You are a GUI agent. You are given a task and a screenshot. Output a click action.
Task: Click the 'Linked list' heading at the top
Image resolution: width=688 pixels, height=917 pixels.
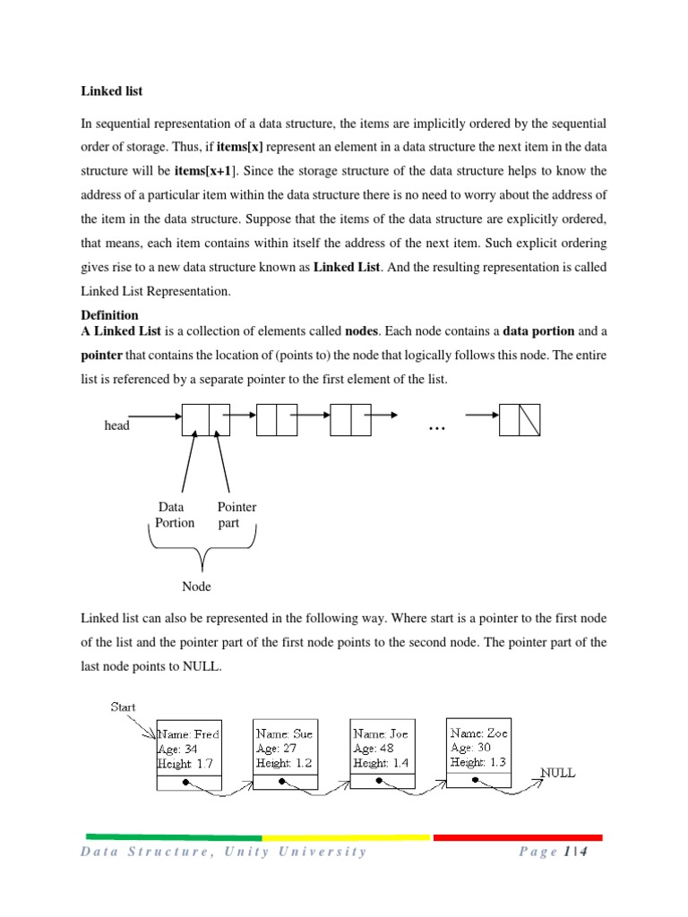[x=112, y=91]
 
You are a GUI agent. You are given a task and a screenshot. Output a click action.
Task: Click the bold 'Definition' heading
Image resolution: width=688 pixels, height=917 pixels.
[x=109, y=315]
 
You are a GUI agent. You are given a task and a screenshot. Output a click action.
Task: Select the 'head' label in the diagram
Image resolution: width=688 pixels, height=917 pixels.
[x=116, y=426]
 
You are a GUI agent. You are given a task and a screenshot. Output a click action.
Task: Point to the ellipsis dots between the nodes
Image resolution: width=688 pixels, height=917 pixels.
[x=437, y=429]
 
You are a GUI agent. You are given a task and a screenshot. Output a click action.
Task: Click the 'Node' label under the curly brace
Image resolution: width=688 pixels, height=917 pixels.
[x=196, y=587]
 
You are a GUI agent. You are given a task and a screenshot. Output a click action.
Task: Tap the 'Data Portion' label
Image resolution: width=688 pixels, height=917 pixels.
[x=174, y=515]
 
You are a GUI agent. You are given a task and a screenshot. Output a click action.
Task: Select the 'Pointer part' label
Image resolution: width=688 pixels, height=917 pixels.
[x=236, y=515]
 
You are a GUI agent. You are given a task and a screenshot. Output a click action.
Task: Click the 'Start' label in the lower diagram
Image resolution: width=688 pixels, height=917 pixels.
[x=123, y=707]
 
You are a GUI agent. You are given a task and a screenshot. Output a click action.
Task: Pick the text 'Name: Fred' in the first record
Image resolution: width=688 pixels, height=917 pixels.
[x=189, y=733]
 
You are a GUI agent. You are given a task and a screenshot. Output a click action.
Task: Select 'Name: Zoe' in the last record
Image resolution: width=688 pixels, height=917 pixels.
[x=479, y=733]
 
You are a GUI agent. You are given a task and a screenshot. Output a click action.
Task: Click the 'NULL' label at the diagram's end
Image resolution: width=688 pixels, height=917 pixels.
[x=557, y=772]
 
